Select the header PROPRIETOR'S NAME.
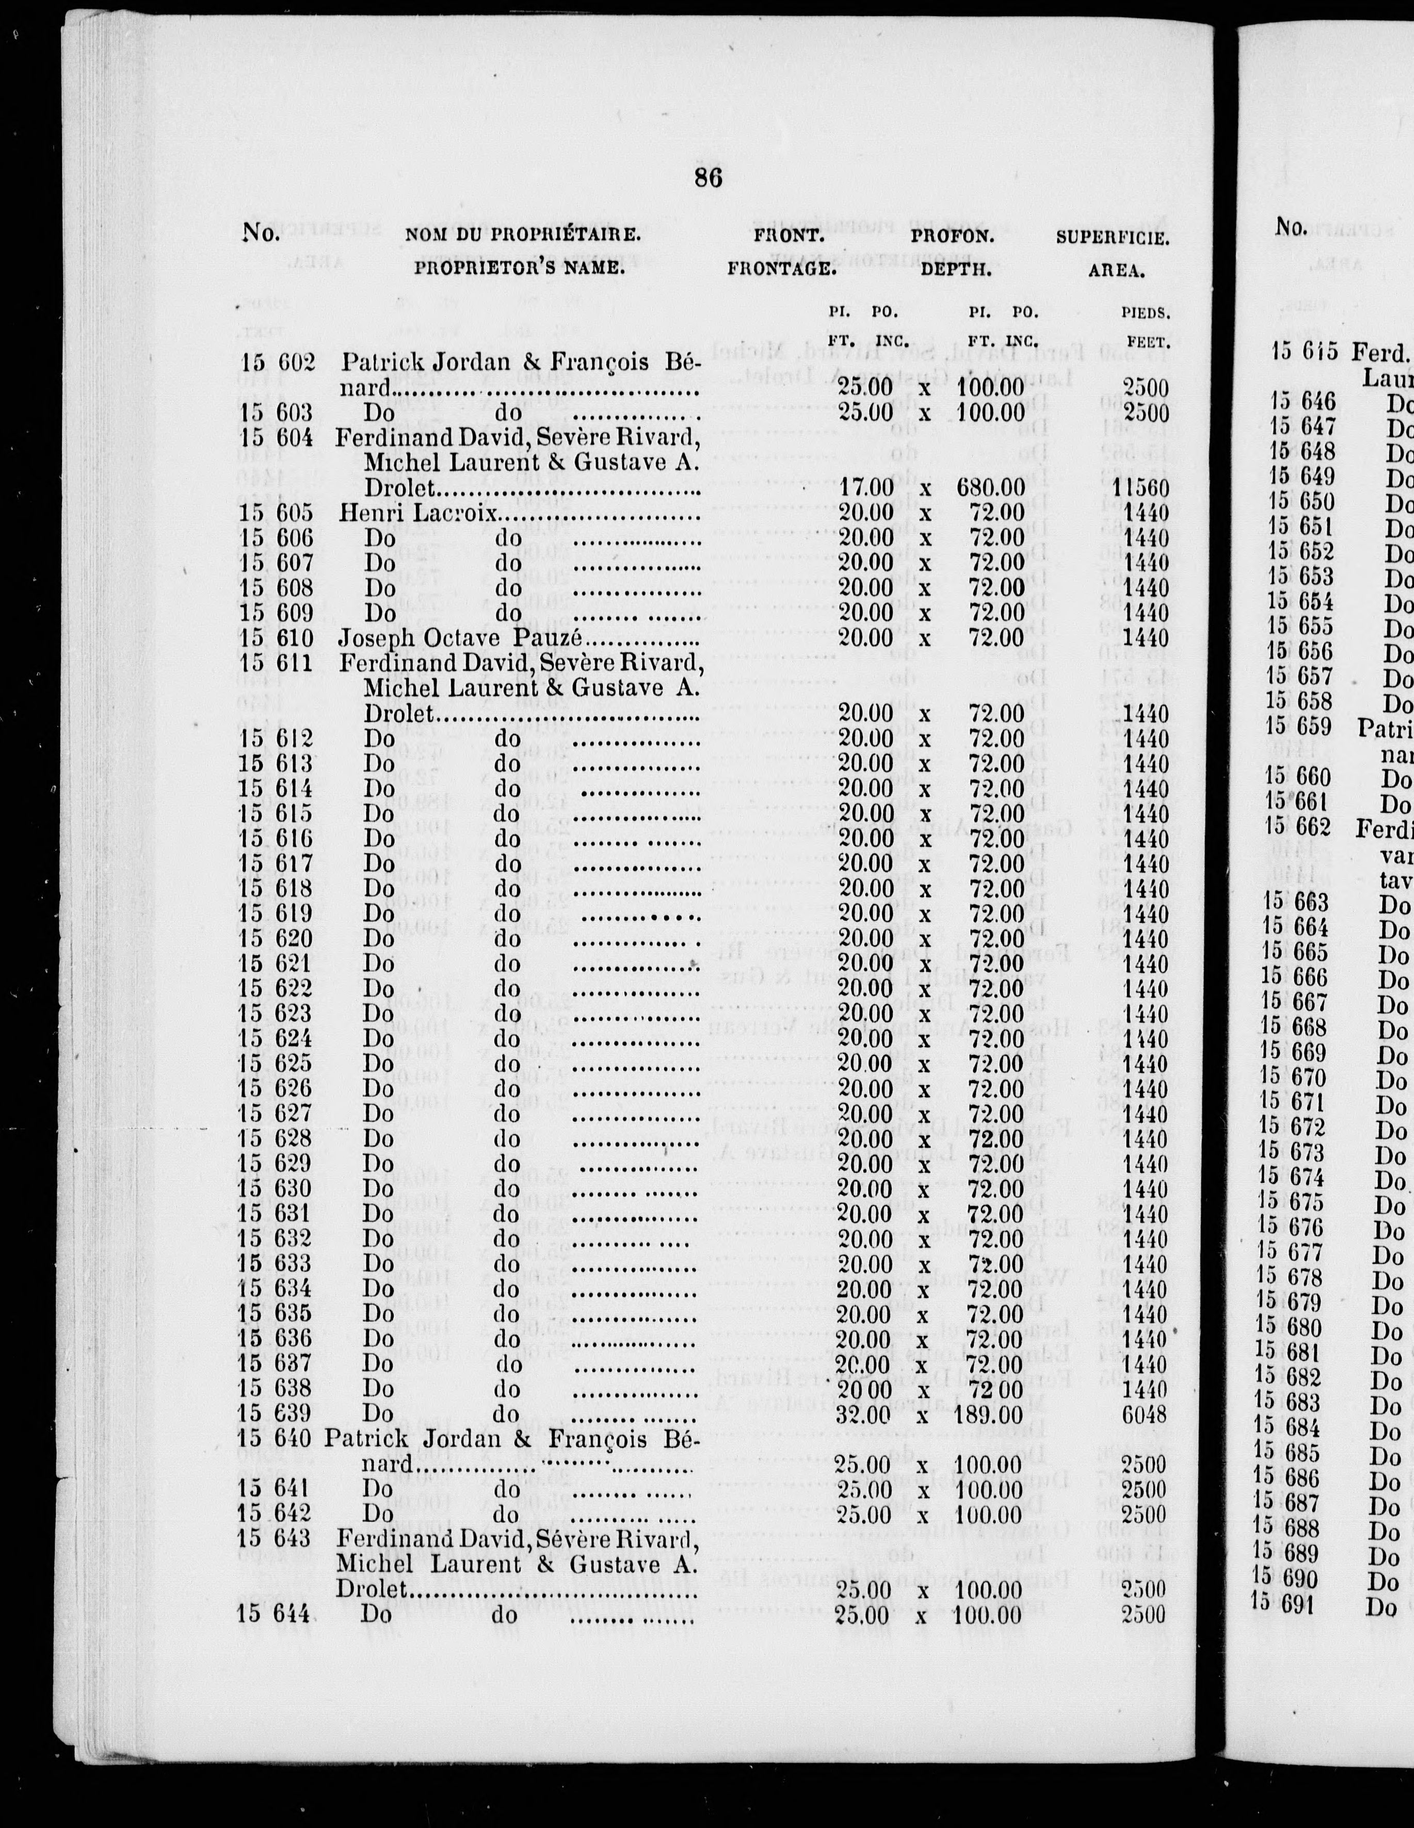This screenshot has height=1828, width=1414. (x=519, y=270)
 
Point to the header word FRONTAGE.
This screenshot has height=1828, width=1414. (x=782, y=270)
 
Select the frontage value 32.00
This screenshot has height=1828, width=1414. (x=864, y=1414)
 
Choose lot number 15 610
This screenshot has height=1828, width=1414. (x=276, y=639)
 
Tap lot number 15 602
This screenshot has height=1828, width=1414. (x=276, y=363)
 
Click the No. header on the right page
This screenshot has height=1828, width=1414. (x=1291, y=225)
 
